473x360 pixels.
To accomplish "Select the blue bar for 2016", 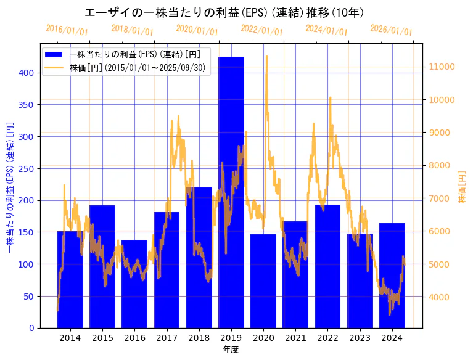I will [x=134, y=284].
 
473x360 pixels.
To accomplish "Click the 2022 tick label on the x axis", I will [x=327, y=338].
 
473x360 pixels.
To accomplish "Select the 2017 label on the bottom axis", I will [x=167, y=338].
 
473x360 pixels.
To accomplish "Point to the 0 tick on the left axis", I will [x=31, y=328].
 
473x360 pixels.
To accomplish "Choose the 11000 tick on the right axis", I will [x=442, y=67].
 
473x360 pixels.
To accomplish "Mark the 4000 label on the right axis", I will [x=440, y=297].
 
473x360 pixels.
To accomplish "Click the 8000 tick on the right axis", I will [x=440, y=165].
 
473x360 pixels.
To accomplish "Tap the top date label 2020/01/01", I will [x=197, y=30].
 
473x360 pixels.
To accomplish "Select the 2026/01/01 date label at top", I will [x=391, y=30].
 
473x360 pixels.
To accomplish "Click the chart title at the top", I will [x=224, y=12].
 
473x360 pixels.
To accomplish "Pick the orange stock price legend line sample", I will [x=55, y=67].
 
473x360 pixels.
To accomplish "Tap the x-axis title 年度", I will [x=231, y=350].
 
